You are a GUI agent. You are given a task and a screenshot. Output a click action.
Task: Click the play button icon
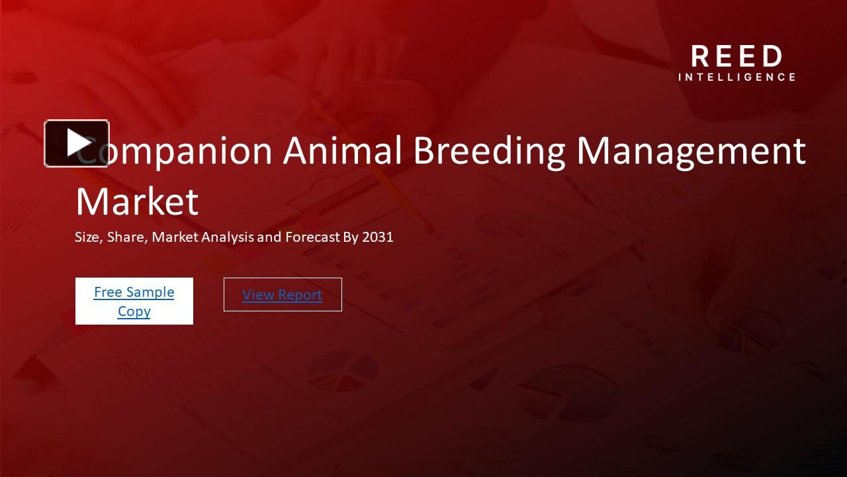pos(77,143)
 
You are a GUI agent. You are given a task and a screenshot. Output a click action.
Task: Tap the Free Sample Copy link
pos(134,301)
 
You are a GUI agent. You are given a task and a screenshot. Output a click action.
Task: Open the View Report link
pos(282,295)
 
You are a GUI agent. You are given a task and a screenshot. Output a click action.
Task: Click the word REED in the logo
pos(736,57)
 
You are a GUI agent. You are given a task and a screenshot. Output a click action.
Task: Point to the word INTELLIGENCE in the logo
pos(736,77)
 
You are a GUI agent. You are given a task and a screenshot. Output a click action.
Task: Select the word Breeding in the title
pos(489,151)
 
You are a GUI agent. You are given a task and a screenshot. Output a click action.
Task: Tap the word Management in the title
pos(691,151)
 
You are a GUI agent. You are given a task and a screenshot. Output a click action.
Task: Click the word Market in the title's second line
pos(137,201)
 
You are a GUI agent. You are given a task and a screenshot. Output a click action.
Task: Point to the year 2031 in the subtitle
pos(378,237)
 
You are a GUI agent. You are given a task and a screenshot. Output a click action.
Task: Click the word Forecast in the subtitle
pos(312,237)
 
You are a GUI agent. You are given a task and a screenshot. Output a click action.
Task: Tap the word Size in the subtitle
pos(87,237)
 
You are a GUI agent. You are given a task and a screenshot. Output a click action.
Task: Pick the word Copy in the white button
pos(134,311)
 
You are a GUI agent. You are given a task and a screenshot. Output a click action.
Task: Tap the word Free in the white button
pos(107,292)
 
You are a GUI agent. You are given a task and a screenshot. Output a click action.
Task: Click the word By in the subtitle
pos(350,237)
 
